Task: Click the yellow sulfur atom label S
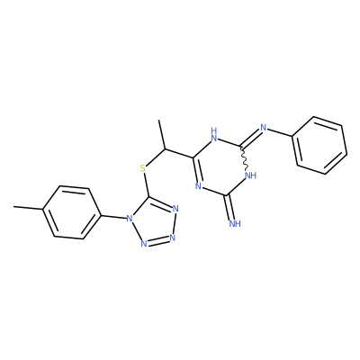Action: click(x=143, y=168)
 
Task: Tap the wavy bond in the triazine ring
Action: click(x=245, y=157)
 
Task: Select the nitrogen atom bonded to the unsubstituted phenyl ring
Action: click(x=264, y=128)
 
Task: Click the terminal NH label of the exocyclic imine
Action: click(x=235, y=223)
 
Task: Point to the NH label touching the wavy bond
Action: click(x=250, y=175)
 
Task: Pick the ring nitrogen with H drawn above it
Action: click(x=214, y=135)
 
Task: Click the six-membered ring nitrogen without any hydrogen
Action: click(x=198, y=186)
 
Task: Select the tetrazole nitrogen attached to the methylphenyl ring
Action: click(x=130, y=218)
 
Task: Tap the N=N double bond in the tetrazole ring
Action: click(x=158, y=241)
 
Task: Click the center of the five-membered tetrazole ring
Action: click(x=154, y=222)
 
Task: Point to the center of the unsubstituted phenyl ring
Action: click(x=319, y=145)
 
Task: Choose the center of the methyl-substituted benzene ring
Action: click(x=71, y=212)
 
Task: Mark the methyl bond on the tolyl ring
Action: click(x=29, y=208)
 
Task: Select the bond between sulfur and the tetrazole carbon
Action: click(x=146, y=185)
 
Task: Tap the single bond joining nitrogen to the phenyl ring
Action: click(x=280, y=133)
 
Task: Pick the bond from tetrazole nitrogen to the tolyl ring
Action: click(x=112, y=215)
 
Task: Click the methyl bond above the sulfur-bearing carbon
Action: click(x=162, y=134)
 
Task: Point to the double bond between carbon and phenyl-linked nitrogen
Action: click(x=251, y=138)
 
